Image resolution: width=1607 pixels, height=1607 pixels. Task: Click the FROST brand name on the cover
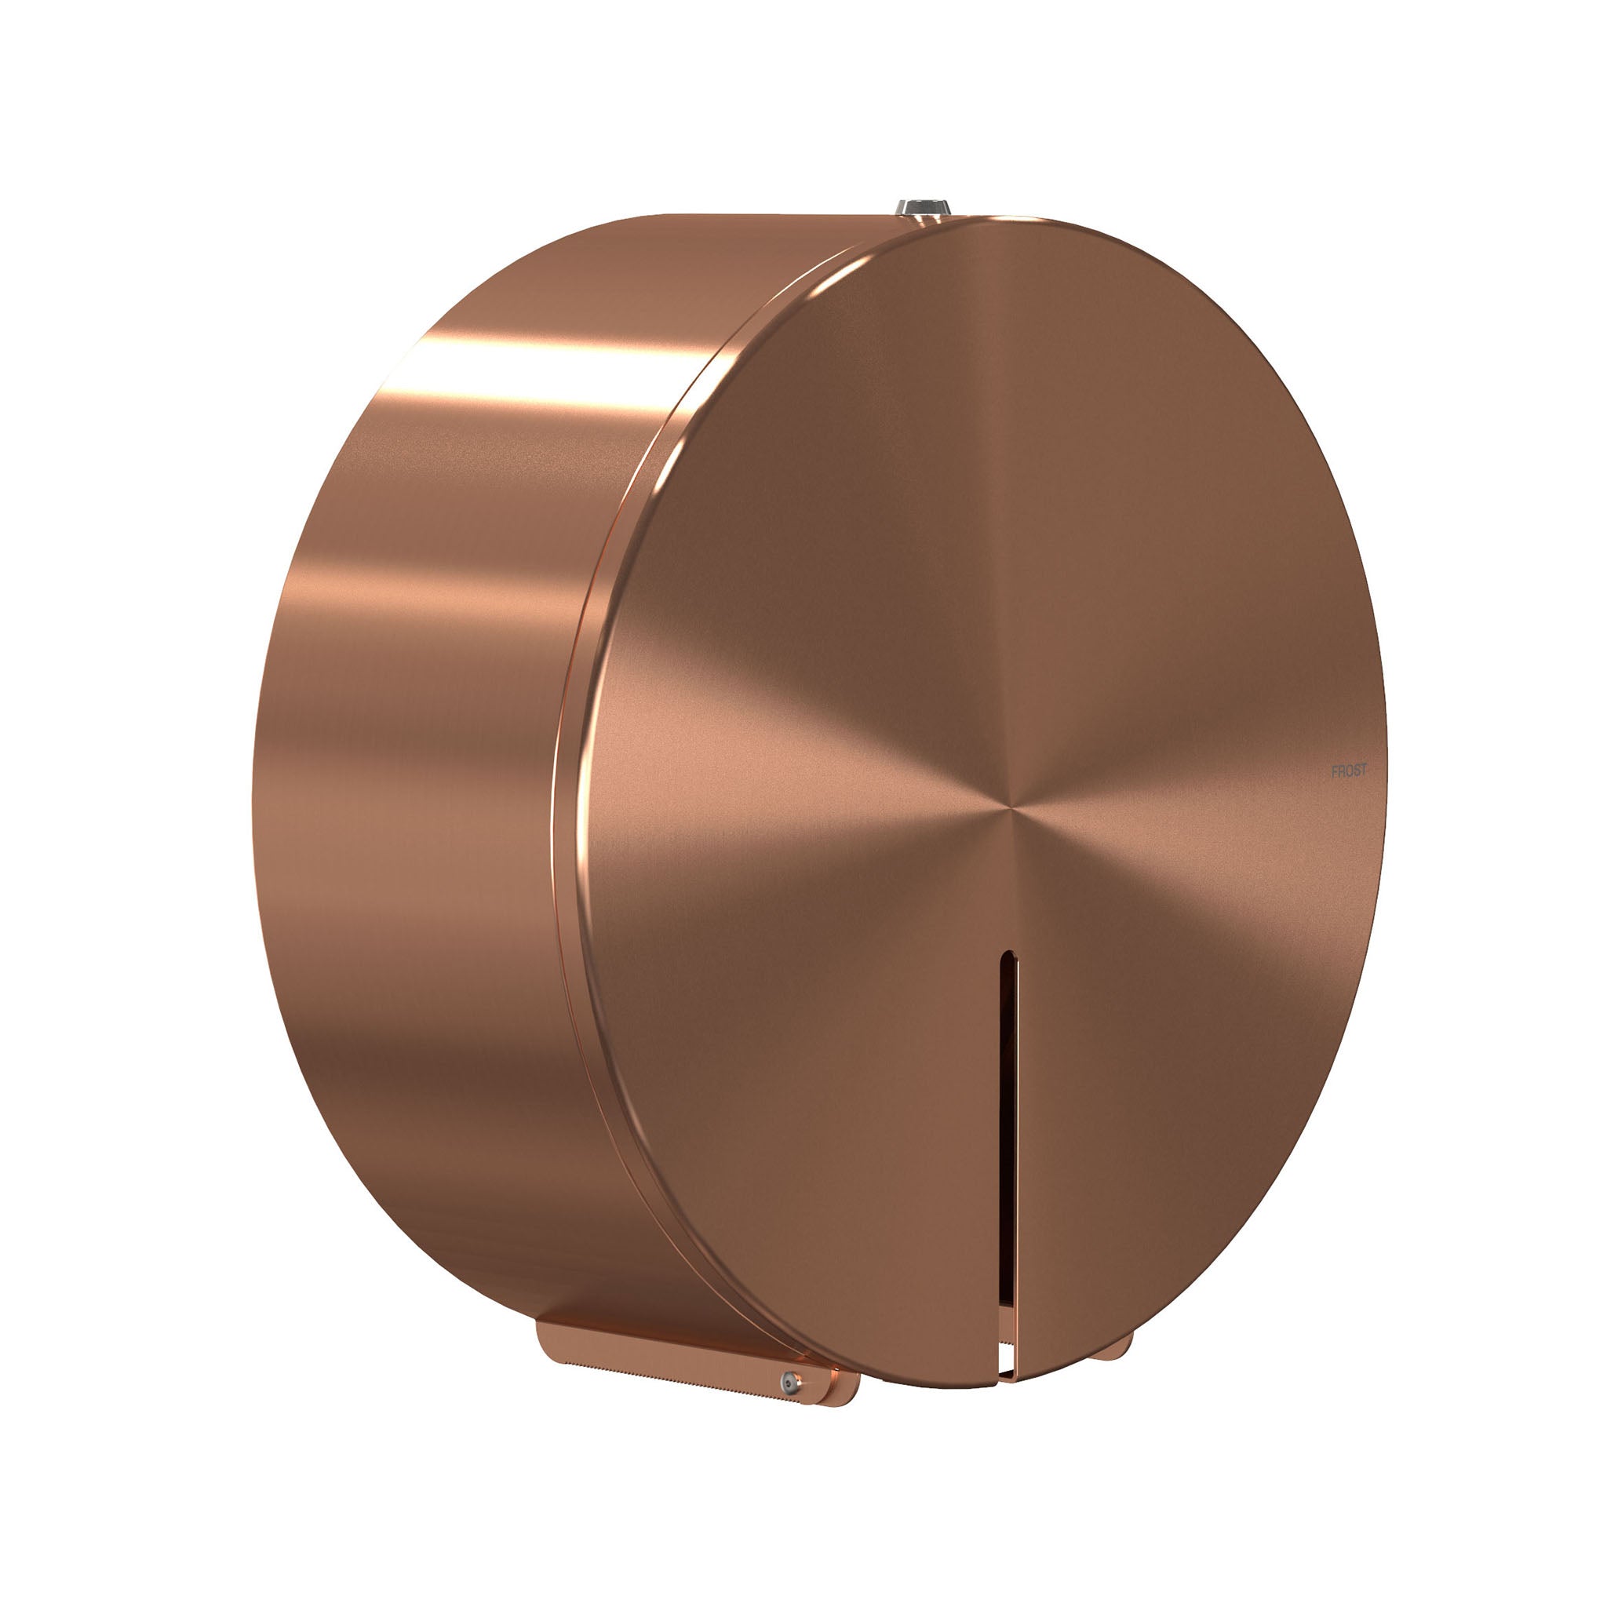tap(1348, 771)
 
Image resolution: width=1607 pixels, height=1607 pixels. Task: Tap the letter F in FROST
tap(1334, 771)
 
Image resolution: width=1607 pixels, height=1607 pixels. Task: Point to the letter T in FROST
tap(1362, 771)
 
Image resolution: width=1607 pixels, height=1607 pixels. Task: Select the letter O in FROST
tap(1347, 771)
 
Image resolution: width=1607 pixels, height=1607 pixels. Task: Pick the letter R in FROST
tap(1340, 771)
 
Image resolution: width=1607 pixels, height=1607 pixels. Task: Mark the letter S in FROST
tap(1355, 771)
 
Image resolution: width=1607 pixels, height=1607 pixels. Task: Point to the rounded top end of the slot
tap(1008, 955)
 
